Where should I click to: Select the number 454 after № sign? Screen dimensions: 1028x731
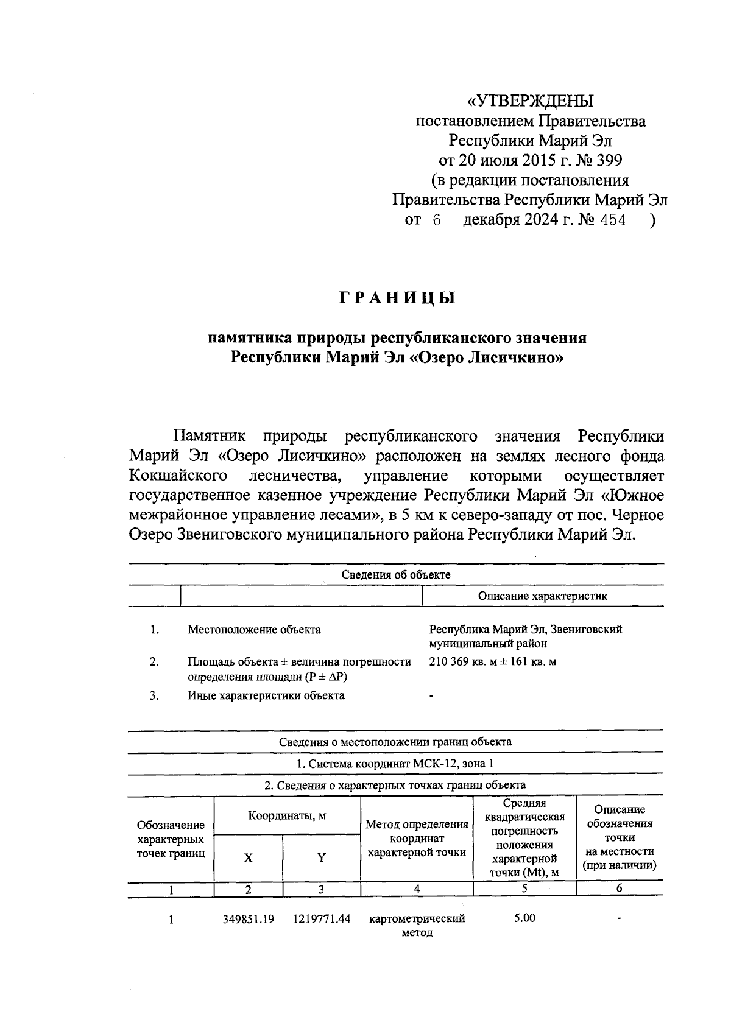pyautogui.click(x=613, y=220)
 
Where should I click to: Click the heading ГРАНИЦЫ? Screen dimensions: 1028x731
pyautogui.click(x=397, y=299)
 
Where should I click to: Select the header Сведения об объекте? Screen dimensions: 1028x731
pyautogui.click(x=395, y=574)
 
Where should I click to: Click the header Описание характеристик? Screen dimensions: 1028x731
pyautogui.click(x=542, y=596)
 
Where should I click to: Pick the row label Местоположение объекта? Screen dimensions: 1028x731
pyautogui.click(x=254, y=630)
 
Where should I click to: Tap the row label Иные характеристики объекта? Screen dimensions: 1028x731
pyautogui.click(x=266, y=695)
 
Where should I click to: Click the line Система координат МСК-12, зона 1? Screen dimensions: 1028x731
pyautogui.click(x=395, y=764)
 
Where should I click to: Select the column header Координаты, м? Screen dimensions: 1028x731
pyautogui.click(x=287, y=815)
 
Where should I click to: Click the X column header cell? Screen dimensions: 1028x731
pyautogui.click(x=248, y=857)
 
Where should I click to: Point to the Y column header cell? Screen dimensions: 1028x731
pyautogui.click(x=321, y=857)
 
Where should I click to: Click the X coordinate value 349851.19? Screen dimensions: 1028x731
pyautogui.click(x=248, y=919)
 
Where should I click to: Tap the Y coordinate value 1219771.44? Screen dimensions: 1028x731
pyautogui.click(x=321, y=919)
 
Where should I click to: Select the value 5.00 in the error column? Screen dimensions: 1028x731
pyautogui.click(x=524, y=918)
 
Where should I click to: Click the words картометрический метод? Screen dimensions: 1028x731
pyautogui.click(x=417, y=925)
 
